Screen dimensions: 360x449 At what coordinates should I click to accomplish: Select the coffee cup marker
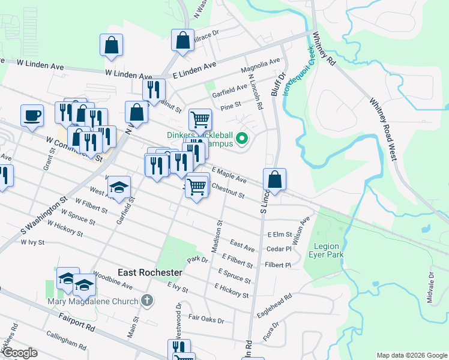click(32, 115)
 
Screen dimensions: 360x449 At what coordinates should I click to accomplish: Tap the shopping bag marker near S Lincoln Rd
click(274, 179)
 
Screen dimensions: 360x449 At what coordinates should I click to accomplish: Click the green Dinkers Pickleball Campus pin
click(242, 140)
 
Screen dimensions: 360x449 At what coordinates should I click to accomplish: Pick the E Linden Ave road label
click(193, 71)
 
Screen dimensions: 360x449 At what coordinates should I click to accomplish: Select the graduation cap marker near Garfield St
click(119, 187)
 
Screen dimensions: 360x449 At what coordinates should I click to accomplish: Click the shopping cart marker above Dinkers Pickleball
click(200, 119)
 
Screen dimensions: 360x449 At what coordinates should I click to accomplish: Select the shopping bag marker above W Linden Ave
click(112, 44)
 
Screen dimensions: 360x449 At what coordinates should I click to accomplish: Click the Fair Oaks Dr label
click(206, 319)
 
